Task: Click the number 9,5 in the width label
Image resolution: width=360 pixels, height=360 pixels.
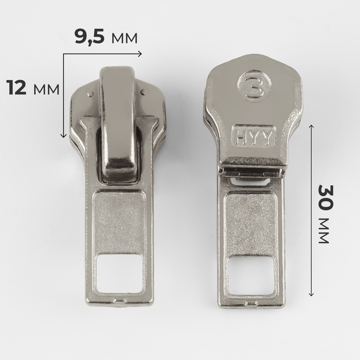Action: pos(89,38)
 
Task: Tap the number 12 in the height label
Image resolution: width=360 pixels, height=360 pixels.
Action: pos(16,87)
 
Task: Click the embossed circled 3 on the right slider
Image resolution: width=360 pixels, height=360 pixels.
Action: pos(254,85)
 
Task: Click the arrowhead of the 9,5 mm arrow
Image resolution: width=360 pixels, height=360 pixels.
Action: pos(139,53)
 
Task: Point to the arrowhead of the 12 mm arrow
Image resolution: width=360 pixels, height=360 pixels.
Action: pos(63,135)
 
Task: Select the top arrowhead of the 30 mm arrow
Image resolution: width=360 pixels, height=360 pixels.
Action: pos(311,127)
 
